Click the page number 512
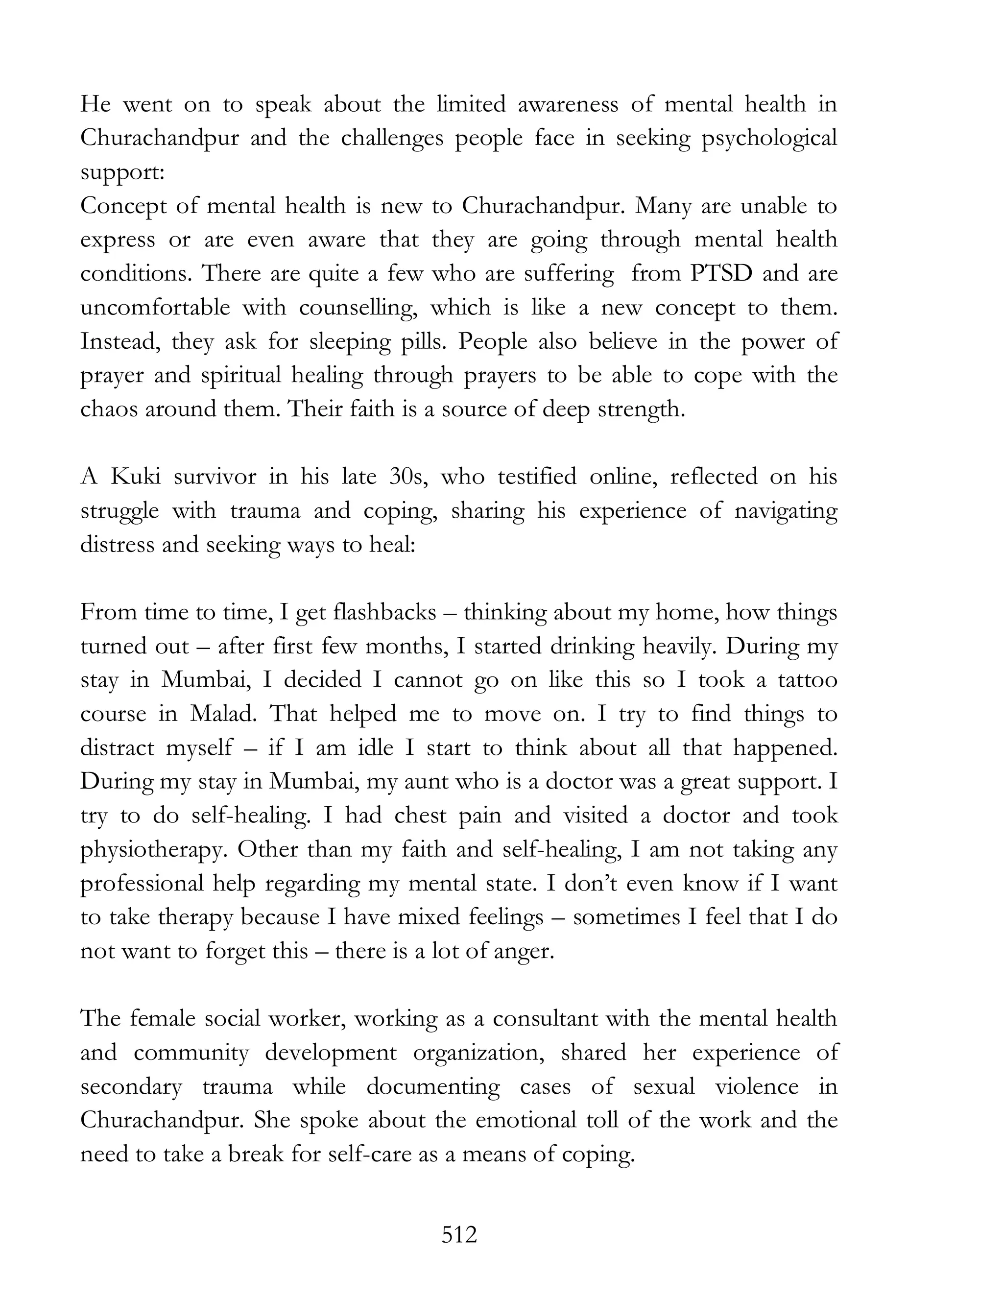pos(459,1235)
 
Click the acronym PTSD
pos(721,273)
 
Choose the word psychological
pos(769,139)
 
